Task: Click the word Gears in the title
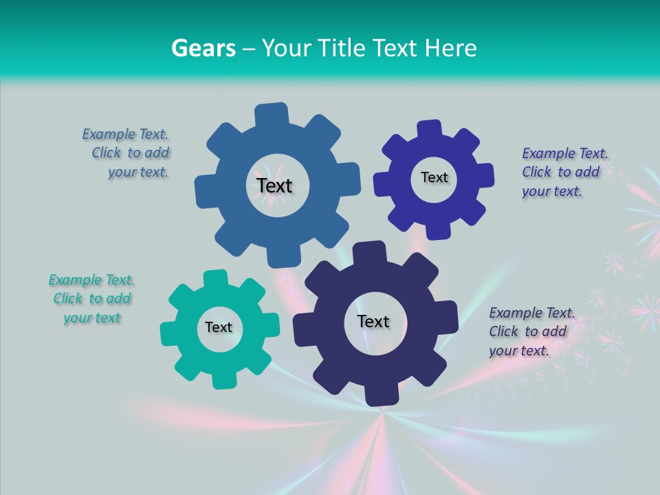[x=203, y=48]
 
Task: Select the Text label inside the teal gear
[x=219, y=327]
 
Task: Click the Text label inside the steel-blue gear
[x=275, y=186]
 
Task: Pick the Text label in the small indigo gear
[x=434, y=177]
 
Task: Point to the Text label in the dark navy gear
[x=373, y=321]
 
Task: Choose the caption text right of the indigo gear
[x=564, y=172]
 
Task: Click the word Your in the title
[x=287, y=48]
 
